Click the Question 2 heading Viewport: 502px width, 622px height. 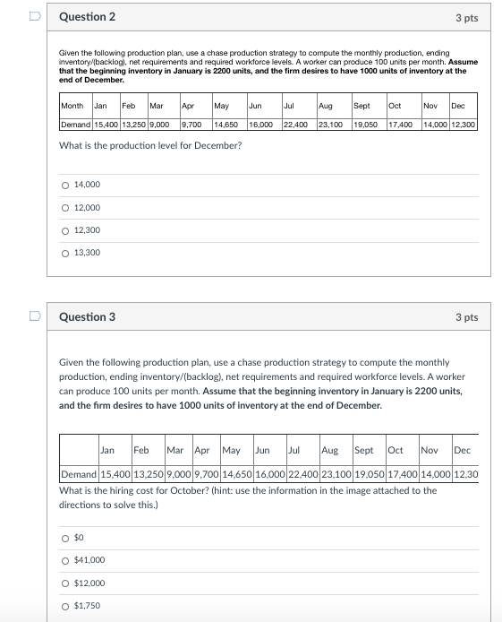point(87,17)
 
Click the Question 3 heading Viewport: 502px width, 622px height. point(87,317)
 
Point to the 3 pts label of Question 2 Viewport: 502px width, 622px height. point(466,17)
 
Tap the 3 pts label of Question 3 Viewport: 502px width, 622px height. point(466,317)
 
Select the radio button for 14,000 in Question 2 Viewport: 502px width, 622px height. point(64,186)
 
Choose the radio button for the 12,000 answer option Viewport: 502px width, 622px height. point(64,208)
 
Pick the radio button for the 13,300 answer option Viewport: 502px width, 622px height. point(64,253)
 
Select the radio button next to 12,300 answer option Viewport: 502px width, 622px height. point(64,230)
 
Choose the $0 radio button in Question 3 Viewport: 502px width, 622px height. point(64,538)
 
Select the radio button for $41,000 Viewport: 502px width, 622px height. point(64,560)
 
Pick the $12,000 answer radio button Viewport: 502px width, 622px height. point(64,583)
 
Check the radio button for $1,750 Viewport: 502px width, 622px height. point(64,606)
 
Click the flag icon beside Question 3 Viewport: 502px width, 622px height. point(34,316)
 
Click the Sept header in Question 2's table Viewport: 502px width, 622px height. point(362,106)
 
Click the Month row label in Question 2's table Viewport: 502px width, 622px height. point(72,106)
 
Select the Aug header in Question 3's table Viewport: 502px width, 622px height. point(329,450)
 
